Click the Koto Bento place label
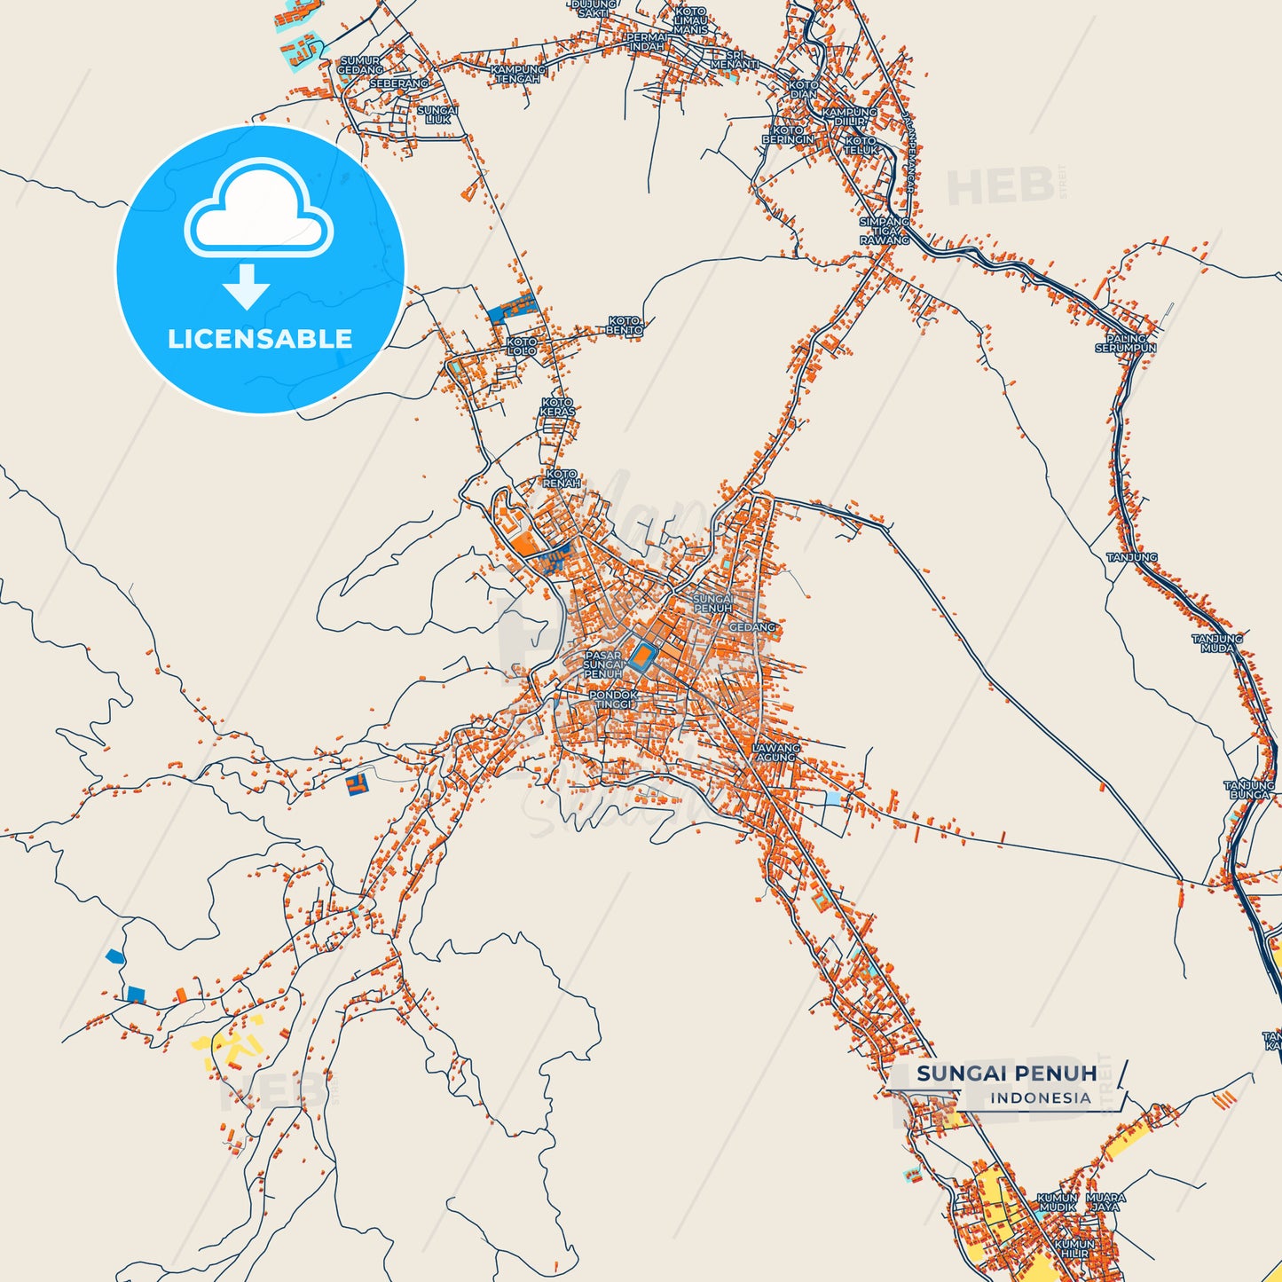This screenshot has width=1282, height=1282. (x=625, y=325)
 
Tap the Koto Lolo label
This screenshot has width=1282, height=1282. (x=522, y=346)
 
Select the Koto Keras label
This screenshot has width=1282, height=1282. (x=558, y=407)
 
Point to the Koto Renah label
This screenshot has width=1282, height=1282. (x=562, y=479)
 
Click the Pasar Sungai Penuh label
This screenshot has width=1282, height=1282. (x=603, y=665)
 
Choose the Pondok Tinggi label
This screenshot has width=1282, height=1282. (x=613, y=699)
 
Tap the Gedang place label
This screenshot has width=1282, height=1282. (x=751, y=627)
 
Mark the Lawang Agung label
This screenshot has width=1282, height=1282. (x=776, y=752)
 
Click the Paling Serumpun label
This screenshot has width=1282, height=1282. (x=1126, y=343)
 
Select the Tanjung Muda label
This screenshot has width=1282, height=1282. (x=1217, y=643)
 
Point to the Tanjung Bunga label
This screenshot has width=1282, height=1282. (x=1249, y=790)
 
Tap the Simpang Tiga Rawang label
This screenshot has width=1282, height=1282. (x=885, y=231)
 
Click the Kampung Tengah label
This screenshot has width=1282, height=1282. (x=518, y=74)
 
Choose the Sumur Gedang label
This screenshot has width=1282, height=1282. (x=360, y=66)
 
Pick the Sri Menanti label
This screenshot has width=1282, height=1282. (x=735, y=59)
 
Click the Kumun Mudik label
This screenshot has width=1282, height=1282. (x=1058, y=1202)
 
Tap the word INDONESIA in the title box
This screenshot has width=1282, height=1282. (x=1041, y=1097)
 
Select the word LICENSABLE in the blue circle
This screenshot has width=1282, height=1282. (x=260, y=339)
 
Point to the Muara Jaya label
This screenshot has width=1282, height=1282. (x=1105, y=1202)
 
